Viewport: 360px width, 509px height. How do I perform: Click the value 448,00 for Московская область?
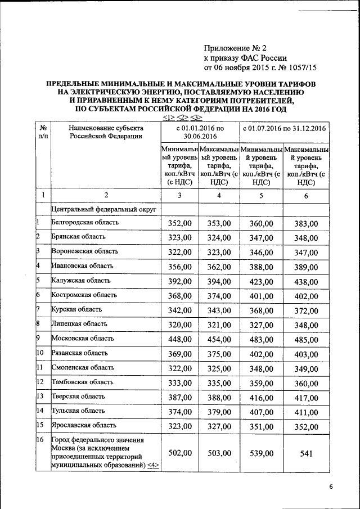coord(180,339)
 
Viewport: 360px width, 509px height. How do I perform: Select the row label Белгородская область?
coord(85,223)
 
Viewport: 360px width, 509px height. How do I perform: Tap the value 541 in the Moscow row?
coord(306,453)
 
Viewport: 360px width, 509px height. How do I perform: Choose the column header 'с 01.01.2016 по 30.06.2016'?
coord(200,133)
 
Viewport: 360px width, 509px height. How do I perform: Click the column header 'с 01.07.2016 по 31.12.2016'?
coord(284,129)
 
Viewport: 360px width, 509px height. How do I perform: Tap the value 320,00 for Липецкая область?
coord(180,325)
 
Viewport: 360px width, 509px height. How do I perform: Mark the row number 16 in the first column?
coord(40,439)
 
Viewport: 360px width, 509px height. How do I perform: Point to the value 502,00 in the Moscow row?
coord(180,453)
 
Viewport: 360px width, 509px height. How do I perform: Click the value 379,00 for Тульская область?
coord(219,411)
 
